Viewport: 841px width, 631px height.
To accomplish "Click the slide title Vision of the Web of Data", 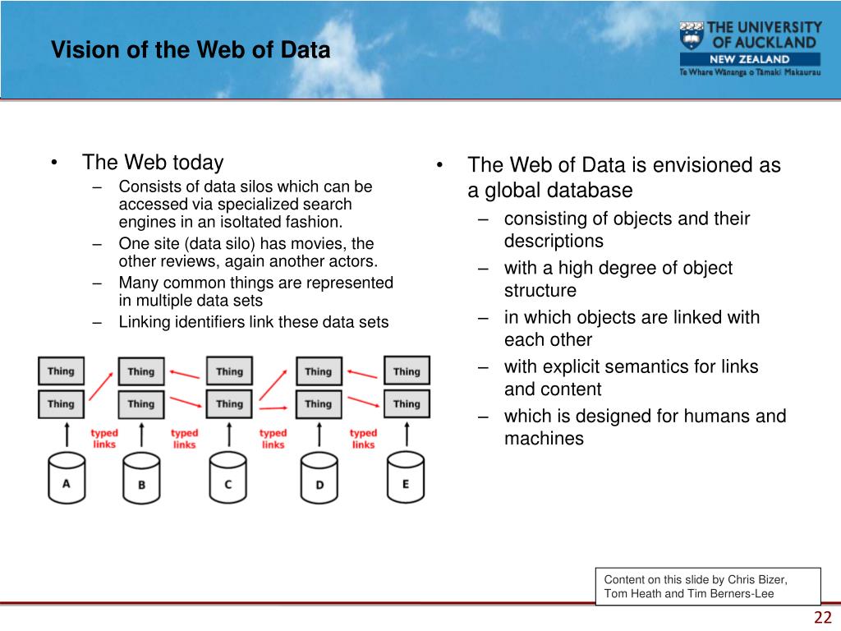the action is point(191,51).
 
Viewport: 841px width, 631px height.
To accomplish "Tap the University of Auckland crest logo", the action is point(692,37).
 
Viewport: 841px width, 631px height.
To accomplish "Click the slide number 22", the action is point(823,619).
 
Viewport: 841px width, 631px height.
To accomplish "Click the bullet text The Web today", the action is point(153,163).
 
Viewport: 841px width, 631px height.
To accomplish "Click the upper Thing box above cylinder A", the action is point(61,371).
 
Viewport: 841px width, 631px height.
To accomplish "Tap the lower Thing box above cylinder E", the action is point(407,403).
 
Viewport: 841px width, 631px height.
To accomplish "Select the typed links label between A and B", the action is point(104,439).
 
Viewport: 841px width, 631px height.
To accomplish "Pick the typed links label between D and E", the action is point(363,439).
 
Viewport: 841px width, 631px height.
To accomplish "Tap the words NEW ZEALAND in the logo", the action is point(749,59).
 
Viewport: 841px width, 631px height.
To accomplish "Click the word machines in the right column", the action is point(544,439).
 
